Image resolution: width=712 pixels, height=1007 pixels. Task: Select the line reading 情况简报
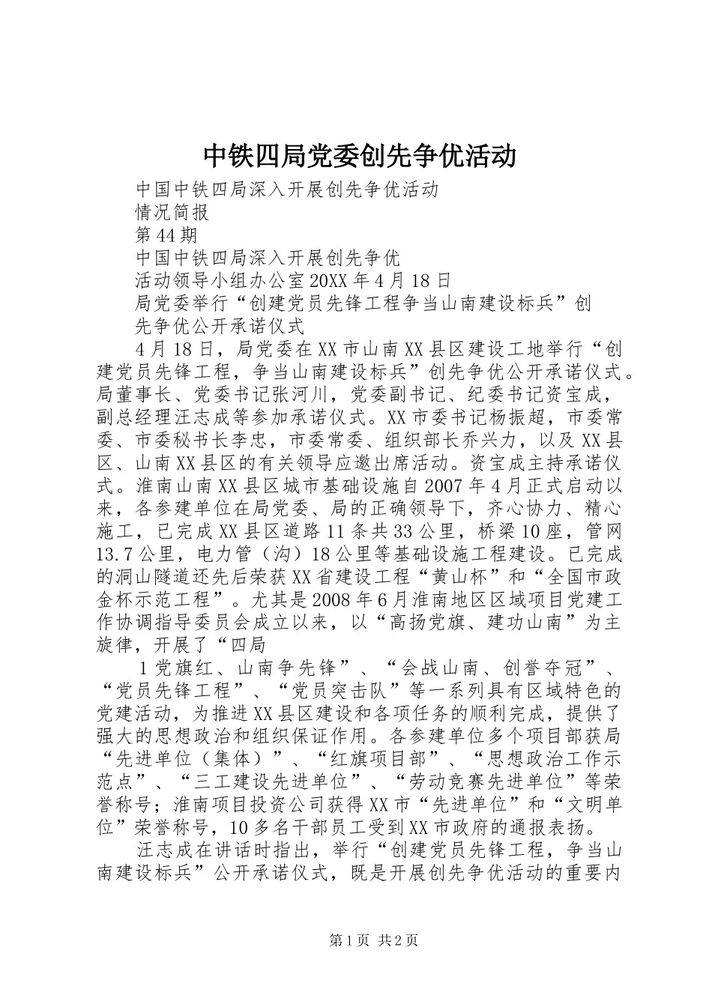[x=172, y=212]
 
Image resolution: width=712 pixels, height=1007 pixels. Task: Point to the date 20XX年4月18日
[x=379, y=280]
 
